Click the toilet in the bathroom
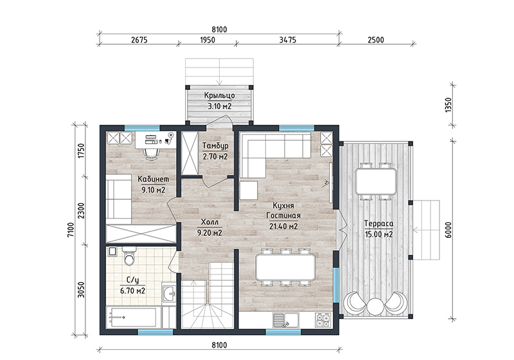(129, 255)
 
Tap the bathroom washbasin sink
(169, 294)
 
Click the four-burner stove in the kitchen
(323, 320)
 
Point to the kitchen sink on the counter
(285, 320)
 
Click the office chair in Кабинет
(151, 153)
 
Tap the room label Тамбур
(215, 145)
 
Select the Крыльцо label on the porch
(219, 95)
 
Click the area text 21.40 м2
(283, 226)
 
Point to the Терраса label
(378, 224)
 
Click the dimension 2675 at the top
(139, 40)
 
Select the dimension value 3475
(287, 40)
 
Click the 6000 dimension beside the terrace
(448, 230)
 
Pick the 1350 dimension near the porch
(448, 105)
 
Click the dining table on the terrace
(376, 181)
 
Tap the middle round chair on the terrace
(375, 307)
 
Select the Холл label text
(209, 222)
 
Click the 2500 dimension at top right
(376, 40)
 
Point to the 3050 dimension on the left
(81, 290)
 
